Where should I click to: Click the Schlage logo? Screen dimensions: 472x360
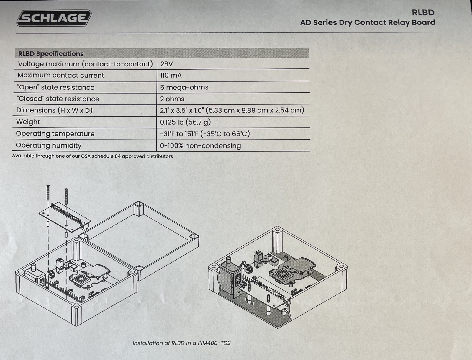tap(54, 18)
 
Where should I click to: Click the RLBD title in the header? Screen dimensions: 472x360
tap(423, 13)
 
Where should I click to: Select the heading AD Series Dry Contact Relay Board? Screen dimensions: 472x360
tap(368, 23)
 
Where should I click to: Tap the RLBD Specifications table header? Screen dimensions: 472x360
tap(51, 53)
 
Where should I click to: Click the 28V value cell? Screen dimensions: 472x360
tap(166, 64)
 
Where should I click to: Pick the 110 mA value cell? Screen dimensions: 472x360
tap(171, 75)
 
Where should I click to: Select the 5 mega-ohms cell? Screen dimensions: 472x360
tap(184, 87)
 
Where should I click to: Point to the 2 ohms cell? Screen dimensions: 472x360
tap(172, 99)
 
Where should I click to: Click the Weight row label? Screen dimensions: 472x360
tap(28, 122)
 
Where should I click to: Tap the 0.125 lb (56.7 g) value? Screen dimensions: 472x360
tap(185, 122)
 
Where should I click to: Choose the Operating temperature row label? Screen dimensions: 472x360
tap(55, 134)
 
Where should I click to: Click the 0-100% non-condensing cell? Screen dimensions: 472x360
tap(200, 146)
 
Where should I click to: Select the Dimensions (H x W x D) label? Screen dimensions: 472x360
tap(54, 110)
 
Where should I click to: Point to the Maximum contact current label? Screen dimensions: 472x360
tap(61, 75)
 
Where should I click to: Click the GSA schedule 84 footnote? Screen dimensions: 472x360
tap(92, 156)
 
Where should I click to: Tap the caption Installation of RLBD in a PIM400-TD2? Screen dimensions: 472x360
tap(181, 343)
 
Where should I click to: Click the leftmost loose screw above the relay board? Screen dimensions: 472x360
tap(48, 193)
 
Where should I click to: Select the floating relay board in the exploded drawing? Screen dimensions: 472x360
tap(65, 218)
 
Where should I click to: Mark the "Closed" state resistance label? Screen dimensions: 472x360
tap(58, 99)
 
